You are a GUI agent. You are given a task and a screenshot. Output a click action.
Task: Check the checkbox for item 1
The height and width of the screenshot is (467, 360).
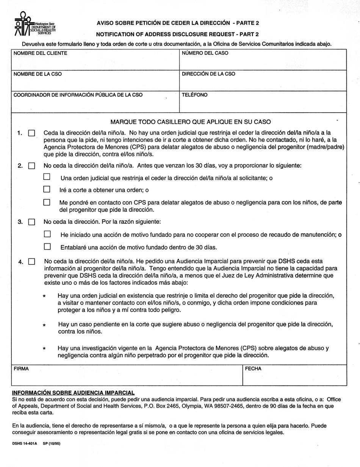[32, 133]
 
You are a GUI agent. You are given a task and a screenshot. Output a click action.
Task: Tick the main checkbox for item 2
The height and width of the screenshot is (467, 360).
[32, 166]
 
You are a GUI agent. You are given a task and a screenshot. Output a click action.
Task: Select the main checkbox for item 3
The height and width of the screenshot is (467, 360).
[32, 222]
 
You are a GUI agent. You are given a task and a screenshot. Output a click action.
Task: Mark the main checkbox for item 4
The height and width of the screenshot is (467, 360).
[32, 261]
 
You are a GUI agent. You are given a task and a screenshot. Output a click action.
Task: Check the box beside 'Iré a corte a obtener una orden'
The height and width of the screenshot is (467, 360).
[47, 189]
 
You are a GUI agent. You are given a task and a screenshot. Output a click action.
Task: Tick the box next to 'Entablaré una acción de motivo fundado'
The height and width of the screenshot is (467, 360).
[47, 247]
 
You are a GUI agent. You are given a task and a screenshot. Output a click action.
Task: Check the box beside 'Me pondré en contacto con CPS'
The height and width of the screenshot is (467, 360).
[47, 202]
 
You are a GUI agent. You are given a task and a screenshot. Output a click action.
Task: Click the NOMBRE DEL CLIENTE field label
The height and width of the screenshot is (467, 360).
[40, 53]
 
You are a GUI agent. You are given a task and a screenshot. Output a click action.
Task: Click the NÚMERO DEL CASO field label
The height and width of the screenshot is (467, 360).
[205, 53]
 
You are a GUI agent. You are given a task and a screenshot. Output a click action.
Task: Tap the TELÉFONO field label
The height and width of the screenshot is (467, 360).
[194, 95]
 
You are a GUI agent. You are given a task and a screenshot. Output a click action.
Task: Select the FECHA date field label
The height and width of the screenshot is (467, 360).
[253, 368]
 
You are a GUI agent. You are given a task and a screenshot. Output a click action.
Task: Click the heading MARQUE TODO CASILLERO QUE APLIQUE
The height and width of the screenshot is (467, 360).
[191, 122]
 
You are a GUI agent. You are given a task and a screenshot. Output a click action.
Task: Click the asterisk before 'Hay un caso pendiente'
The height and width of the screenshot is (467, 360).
[45, 325]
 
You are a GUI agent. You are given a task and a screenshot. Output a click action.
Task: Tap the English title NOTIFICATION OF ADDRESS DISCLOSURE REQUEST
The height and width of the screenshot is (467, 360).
[177, 34]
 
